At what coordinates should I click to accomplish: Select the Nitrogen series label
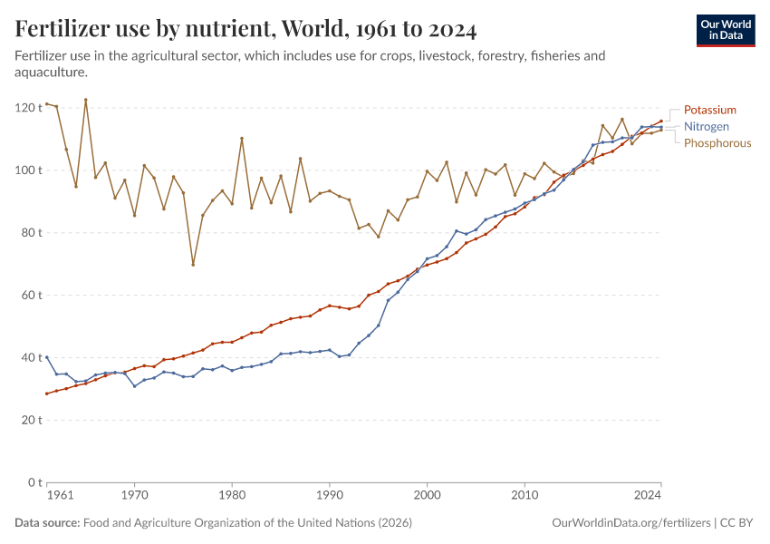click(706, 126)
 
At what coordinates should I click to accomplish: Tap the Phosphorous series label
click(717, 143)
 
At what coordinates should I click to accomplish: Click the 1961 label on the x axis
click(60, 496)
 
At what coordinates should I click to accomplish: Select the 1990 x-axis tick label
click(329, 496)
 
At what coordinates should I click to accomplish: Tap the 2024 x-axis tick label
click(648, 496)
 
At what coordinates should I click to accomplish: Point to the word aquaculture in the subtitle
click(52, 72)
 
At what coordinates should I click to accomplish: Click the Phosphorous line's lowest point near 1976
click(193, 265)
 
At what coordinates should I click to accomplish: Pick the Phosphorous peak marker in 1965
click(86, 100)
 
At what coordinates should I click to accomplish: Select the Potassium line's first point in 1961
click(47, 393)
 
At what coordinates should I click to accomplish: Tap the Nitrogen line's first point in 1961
click(47, 357)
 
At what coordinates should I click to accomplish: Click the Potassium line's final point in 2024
click(661, 121)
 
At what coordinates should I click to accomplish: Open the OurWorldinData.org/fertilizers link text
click(631, 523)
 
